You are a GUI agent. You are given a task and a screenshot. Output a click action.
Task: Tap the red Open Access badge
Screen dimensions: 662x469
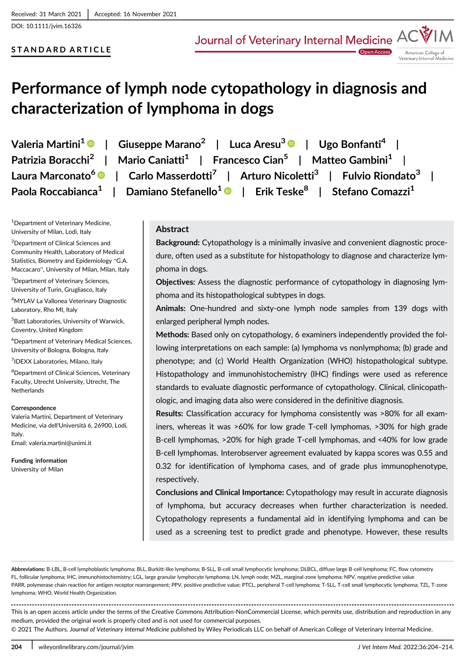[x=375, y=52]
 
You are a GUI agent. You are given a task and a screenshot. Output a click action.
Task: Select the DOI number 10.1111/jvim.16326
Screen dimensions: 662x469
[x=54, y=26]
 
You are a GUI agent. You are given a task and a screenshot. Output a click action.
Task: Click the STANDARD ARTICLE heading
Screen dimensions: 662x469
[x=61, y=50]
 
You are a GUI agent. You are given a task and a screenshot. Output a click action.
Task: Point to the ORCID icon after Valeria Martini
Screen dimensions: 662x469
[x=91, y=144]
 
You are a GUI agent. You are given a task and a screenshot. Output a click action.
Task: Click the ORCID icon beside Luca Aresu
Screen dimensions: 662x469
[x=291, y=144]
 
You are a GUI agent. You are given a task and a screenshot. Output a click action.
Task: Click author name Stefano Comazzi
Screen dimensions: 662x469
[x=371, y=192]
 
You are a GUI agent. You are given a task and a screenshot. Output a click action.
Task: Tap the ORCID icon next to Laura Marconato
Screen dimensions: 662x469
[x=101, y=175]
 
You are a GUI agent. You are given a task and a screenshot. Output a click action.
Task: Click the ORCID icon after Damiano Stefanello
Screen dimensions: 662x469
[x=228, y=191]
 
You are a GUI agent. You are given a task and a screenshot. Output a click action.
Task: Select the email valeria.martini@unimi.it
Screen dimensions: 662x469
[x=60, y=443]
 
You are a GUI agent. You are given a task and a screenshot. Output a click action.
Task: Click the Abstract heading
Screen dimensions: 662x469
[x=172, y=229]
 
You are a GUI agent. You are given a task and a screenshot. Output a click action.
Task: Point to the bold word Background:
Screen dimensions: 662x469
[x=177, y=243]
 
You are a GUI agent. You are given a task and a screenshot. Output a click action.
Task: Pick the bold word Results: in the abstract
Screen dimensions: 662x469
[x=169, y=413]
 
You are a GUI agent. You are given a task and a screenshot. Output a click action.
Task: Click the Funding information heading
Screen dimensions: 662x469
[x=39, y=460]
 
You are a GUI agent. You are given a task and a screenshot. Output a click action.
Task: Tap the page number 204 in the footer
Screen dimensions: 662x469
[x=17, y=647]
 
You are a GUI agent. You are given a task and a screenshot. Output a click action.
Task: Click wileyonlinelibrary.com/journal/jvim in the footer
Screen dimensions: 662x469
[x=86, y=647]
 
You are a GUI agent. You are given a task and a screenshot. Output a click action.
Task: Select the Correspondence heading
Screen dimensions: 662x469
[x=34, y=408]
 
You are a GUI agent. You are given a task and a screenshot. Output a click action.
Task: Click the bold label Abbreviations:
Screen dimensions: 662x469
[x=28, y=569]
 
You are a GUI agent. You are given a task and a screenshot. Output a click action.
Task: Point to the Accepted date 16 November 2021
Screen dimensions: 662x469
[x=150, y=14]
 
